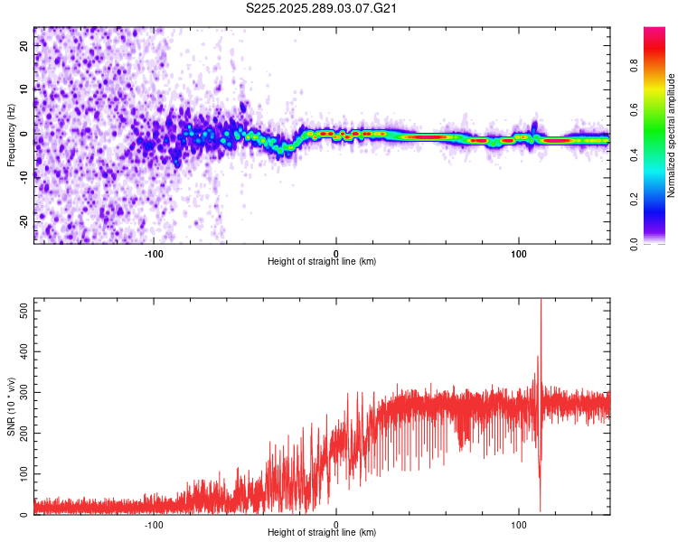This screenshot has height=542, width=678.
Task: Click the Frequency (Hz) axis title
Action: pyautogui.click(x=11, y=135)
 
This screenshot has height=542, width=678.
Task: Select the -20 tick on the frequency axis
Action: pyautogui.click(x=23, y=221)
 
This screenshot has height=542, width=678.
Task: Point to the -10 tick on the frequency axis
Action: pyautogui.click(x=23, y=177)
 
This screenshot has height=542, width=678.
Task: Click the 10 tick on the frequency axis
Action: pyautogui.click(x=24, y=89)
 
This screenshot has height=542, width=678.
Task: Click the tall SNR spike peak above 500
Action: pyautogui.click(x=541, y=302)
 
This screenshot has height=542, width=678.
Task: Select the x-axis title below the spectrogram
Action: pyautogui.click(x=322, y=261)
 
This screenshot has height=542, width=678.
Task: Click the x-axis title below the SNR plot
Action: pyautogui.click(x=322, y=532)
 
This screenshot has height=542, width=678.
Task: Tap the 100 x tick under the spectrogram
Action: pyautogui.click(x=519, y=253)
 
